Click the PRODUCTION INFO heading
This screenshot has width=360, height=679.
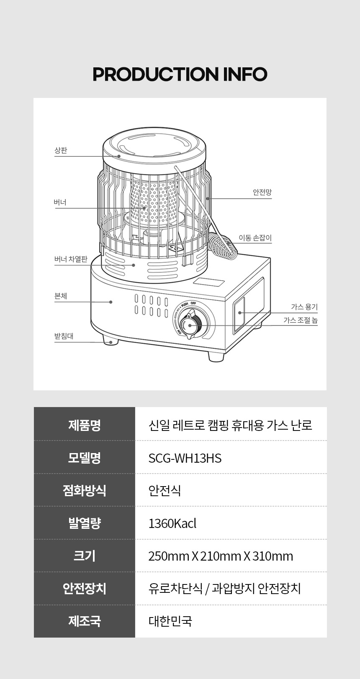point(180,74)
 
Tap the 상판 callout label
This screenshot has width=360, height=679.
point(61,150)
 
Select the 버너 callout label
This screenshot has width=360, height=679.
point(60,202)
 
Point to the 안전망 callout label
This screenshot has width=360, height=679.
point(262,192)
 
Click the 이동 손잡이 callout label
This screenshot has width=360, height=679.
point(255,238)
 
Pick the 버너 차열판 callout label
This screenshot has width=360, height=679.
point(71,259)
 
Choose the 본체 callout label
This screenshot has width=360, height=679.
point(61,296)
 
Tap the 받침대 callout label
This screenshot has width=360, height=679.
point(64,336)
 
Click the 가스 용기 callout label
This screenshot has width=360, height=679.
point(304,307)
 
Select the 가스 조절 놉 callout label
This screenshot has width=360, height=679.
point(301,320)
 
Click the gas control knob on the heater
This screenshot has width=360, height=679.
point(190,325)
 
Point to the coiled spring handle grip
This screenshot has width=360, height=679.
point(223,246)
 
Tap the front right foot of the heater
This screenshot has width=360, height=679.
point(216,356)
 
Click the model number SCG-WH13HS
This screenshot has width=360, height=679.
point(185,458)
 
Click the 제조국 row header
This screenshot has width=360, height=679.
point(84,621)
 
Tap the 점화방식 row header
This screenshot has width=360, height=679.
point(84,490)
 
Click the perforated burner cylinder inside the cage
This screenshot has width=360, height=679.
point(153,203)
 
